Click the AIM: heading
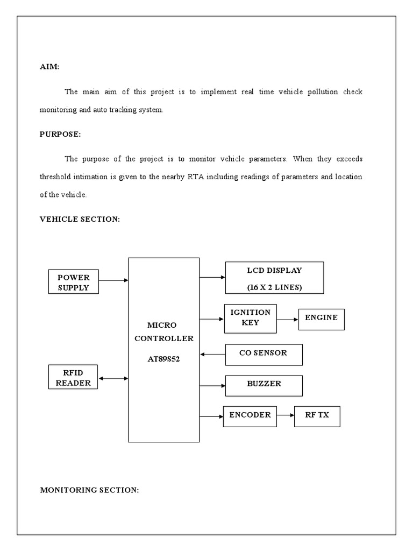coord(49,67)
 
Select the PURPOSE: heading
coord(60,135)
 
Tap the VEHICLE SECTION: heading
coord(80,219)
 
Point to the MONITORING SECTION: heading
coord(89,490)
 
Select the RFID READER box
coord(73,377)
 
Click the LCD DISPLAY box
coord(274,278)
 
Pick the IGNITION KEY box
coord(250,317)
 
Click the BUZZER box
coord(264,385)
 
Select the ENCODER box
coord(250,416)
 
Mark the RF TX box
coord(317,416)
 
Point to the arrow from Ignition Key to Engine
coord(287,319)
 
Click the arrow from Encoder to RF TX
coord(285,416)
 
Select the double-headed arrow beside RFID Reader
coord(113,379)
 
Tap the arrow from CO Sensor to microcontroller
coord(212,355)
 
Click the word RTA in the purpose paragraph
coord(195,177)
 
